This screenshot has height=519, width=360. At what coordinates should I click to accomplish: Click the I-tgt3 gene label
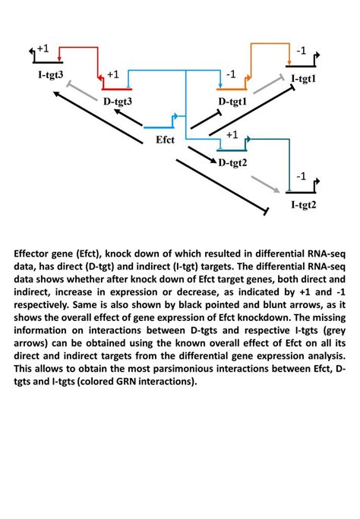pyautogui.click(x=50, y=74)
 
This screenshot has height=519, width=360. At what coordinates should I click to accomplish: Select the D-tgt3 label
pyautogui.click(x=118, y=100)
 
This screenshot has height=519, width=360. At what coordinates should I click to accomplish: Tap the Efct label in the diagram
pyautogui.click(x=165, y=140)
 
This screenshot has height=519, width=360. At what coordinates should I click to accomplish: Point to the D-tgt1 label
pyautogui.click(x=232, y=101)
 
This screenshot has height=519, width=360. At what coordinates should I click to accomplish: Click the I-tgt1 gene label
pyautogui.click(x=303, y=78)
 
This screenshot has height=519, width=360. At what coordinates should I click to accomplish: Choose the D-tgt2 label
pyautogui.click(x=233, y=162)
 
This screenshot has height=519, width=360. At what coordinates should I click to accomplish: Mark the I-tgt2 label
pyautogui.click(x=304, y=205)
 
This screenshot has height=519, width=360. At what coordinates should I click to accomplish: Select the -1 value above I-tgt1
pyautogui.click(x=301, y=51)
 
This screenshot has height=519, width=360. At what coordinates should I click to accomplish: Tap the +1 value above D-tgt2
pyautogui.click(x=232, y=134)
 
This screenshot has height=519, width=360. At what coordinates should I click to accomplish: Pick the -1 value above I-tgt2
pyautogui.click(x=301, y=176)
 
